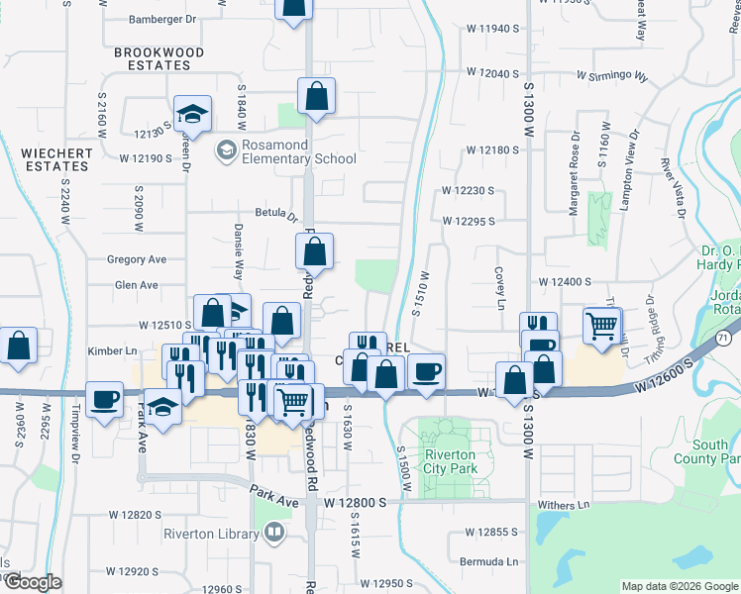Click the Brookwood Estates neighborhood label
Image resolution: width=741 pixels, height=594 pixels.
(159, 58)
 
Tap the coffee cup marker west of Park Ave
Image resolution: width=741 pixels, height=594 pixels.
(105, 399)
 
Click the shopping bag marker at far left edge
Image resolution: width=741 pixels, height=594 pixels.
(19, 346)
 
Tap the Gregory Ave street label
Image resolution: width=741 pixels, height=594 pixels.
(137, 259)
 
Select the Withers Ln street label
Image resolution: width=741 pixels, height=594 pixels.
(564, 505)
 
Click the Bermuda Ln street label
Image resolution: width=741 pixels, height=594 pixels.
(489, 561)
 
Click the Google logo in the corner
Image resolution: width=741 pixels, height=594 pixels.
(32, 582)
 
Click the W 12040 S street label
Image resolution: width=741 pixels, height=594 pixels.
(493, 74)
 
